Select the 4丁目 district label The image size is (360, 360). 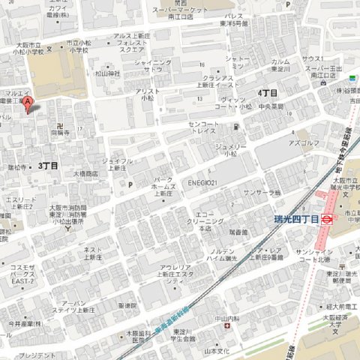267,92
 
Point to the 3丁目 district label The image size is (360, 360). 48,164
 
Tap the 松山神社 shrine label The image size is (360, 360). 108,73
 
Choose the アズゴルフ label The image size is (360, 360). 304,142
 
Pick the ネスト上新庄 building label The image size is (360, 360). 93,253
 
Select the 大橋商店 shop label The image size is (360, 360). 85,173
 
